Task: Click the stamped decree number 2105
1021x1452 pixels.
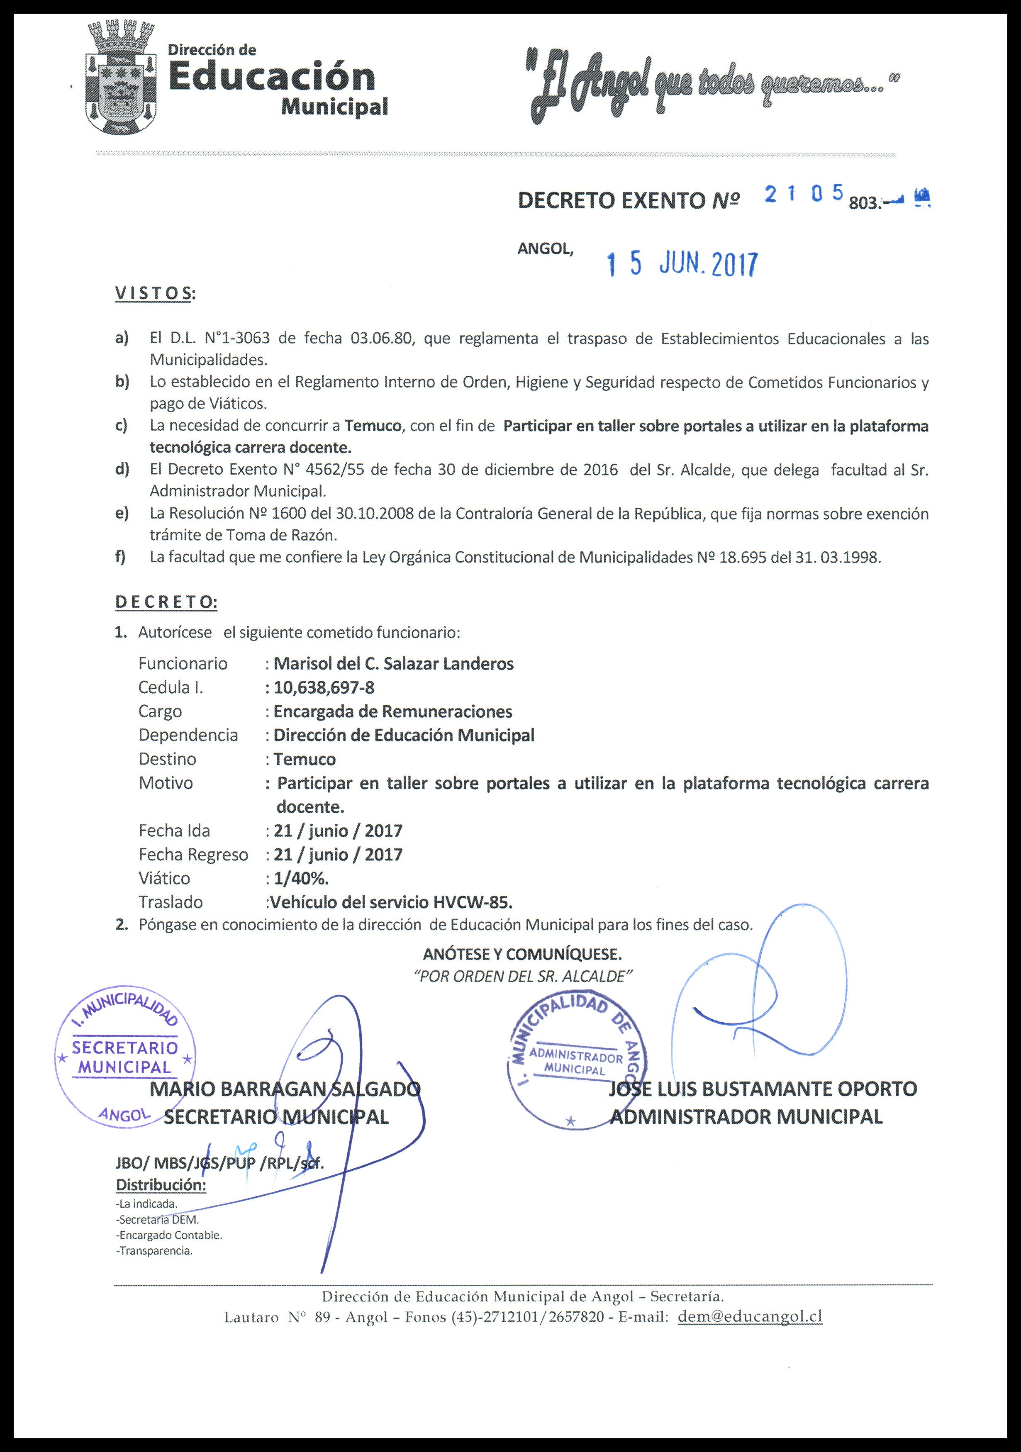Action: pos(803,194)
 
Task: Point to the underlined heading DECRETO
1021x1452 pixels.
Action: pos(166,602)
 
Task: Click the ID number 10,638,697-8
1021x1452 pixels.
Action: pos(324,687)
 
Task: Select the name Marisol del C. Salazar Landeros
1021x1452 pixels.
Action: pos(393,663)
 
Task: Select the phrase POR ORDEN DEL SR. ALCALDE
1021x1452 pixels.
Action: pos(522,977)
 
